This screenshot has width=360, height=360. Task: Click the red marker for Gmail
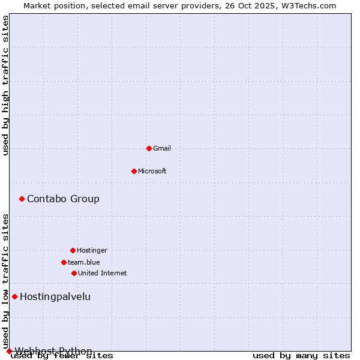click(149, 148)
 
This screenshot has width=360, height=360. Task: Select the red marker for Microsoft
click(134, 171)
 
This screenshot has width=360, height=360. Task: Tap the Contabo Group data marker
click(22, 199)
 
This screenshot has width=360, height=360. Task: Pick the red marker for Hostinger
click(73, 250)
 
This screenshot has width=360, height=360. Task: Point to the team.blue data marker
click(64, 262)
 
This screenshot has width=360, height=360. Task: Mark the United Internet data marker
click(74, 273)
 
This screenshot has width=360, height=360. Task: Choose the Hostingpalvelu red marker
click(14, 296)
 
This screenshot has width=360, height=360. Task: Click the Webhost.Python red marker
click(9, 351)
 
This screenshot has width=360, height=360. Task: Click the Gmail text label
click(162, 148)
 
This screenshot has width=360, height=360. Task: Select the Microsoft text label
click(152, 171)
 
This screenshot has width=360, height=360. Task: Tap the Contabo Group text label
click(63, 199)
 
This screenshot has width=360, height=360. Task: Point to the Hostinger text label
click(92, 250)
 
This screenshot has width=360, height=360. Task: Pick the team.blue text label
click(84, 262)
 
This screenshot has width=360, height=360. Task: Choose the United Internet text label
click(103, 273)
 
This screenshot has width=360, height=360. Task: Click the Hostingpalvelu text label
click(55, 296)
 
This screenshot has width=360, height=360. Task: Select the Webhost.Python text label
click(53, 351)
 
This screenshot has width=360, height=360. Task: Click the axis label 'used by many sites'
click(301, 356)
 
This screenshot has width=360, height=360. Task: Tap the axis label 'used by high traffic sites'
click(6, 85)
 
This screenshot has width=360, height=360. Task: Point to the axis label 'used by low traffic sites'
click(6, 281)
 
